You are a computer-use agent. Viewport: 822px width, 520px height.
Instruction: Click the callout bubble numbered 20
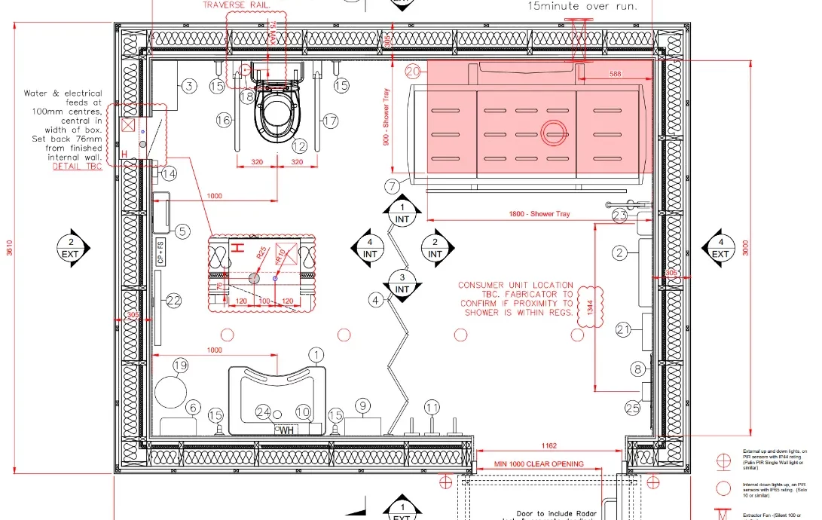click(412, 72)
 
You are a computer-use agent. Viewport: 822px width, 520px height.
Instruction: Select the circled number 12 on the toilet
click(301, 146)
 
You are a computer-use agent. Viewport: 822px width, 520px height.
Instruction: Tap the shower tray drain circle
click(555, 132)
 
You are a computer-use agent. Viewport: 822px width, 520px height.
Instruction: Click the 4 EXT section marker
click(721, 248)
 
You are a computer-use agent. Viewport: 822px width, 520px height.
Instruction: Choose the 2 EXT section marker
click(71, 248)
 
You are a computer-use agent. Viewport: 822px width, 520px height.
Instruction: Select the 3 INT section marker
click(402, 283)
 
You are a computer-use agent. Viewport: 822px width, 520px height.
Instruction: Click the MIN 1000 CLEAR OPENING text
click(539, 463)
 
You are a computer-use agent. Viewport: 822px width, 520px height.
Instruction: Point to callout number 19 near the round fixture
click(180, 366)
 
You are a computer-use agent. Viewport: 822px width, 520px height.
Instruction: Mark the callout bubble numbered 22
click(174, 301)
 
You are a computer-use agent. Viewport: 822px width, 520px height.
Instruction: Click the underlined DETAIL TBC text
click(77, 166)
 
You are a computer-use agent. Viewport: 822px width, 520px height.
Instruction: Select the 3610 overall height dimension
click(10, 248)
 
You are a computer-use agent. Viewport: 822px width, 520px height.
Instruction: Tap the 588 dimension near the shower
click(615, 74)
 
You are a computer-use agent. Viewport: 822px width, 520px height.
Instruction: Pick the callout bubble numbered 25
click(632, 408)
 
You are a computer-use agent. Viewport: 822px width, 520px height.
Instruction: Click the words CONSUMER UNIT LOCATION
click(516, 285)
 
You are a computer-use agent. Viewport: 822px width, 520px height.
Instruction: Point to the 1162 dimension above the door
click(548, 447)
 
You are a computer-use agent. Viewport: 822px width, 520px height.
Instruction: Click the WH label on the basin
click(286, 430)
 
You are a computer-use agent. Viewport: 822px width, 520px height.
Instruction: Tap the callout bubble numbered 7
click(391, 185)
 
